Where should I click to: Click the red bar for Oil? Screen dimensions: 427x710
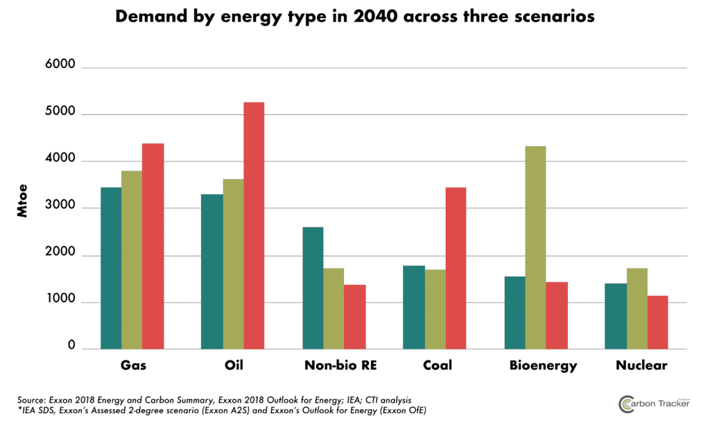click(x=254, y=225)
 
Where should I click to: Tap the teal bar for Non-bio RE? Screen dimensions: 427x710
click(x=313, y=288)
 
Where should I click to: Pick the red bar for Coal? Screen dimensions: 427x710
click(x=456, y=268)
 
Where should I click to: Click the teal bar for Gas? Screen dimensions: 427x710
click(x=111, y=268)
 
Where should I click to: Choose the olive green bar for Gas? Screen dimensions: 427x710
click(x=132, y=260)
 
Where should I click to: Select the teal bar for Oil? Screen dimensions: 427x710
click(x=211, y=271)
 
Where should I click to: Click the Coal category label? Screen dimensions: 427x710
click(x=435, y=365)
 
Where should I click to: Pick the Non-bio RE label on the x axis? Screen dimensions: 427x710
click(x=334, y=365)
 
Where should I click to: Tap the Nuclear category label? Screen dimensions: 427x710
click(x=641, y=365)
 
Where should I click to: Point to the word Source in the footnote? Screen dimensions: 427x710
click(x=34, y=400)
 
